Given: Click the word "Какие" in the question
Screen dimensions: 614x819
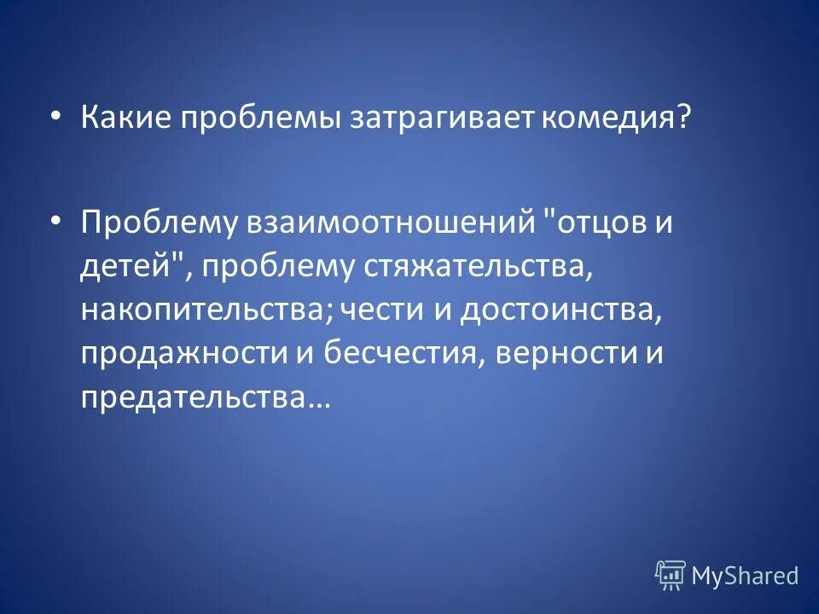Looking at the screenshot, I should pyautogui.click(x=123, y=119).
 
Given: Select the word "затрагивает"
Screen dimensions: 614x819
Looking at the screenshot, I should pyautogui.click(x=440, y=119).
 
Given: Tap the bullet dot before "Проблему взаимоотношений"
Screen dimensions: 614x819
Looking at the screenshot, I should pyautogui.click(x=56, y=221).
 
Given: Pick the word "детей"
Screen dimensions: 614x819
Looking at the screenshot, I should pyautogui.click(x=121, y=267).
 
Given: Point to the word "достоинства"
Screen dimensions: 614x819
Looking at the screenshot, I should pyautogui.click(x=560, y=310).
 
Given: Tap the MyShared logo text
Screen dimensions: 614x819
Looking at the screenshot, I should pyautogui.click(x=745, y=576).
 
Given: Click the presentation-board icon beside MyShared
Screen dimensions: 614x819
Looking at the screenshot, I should pyautogui.click(x=671, y=576).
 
